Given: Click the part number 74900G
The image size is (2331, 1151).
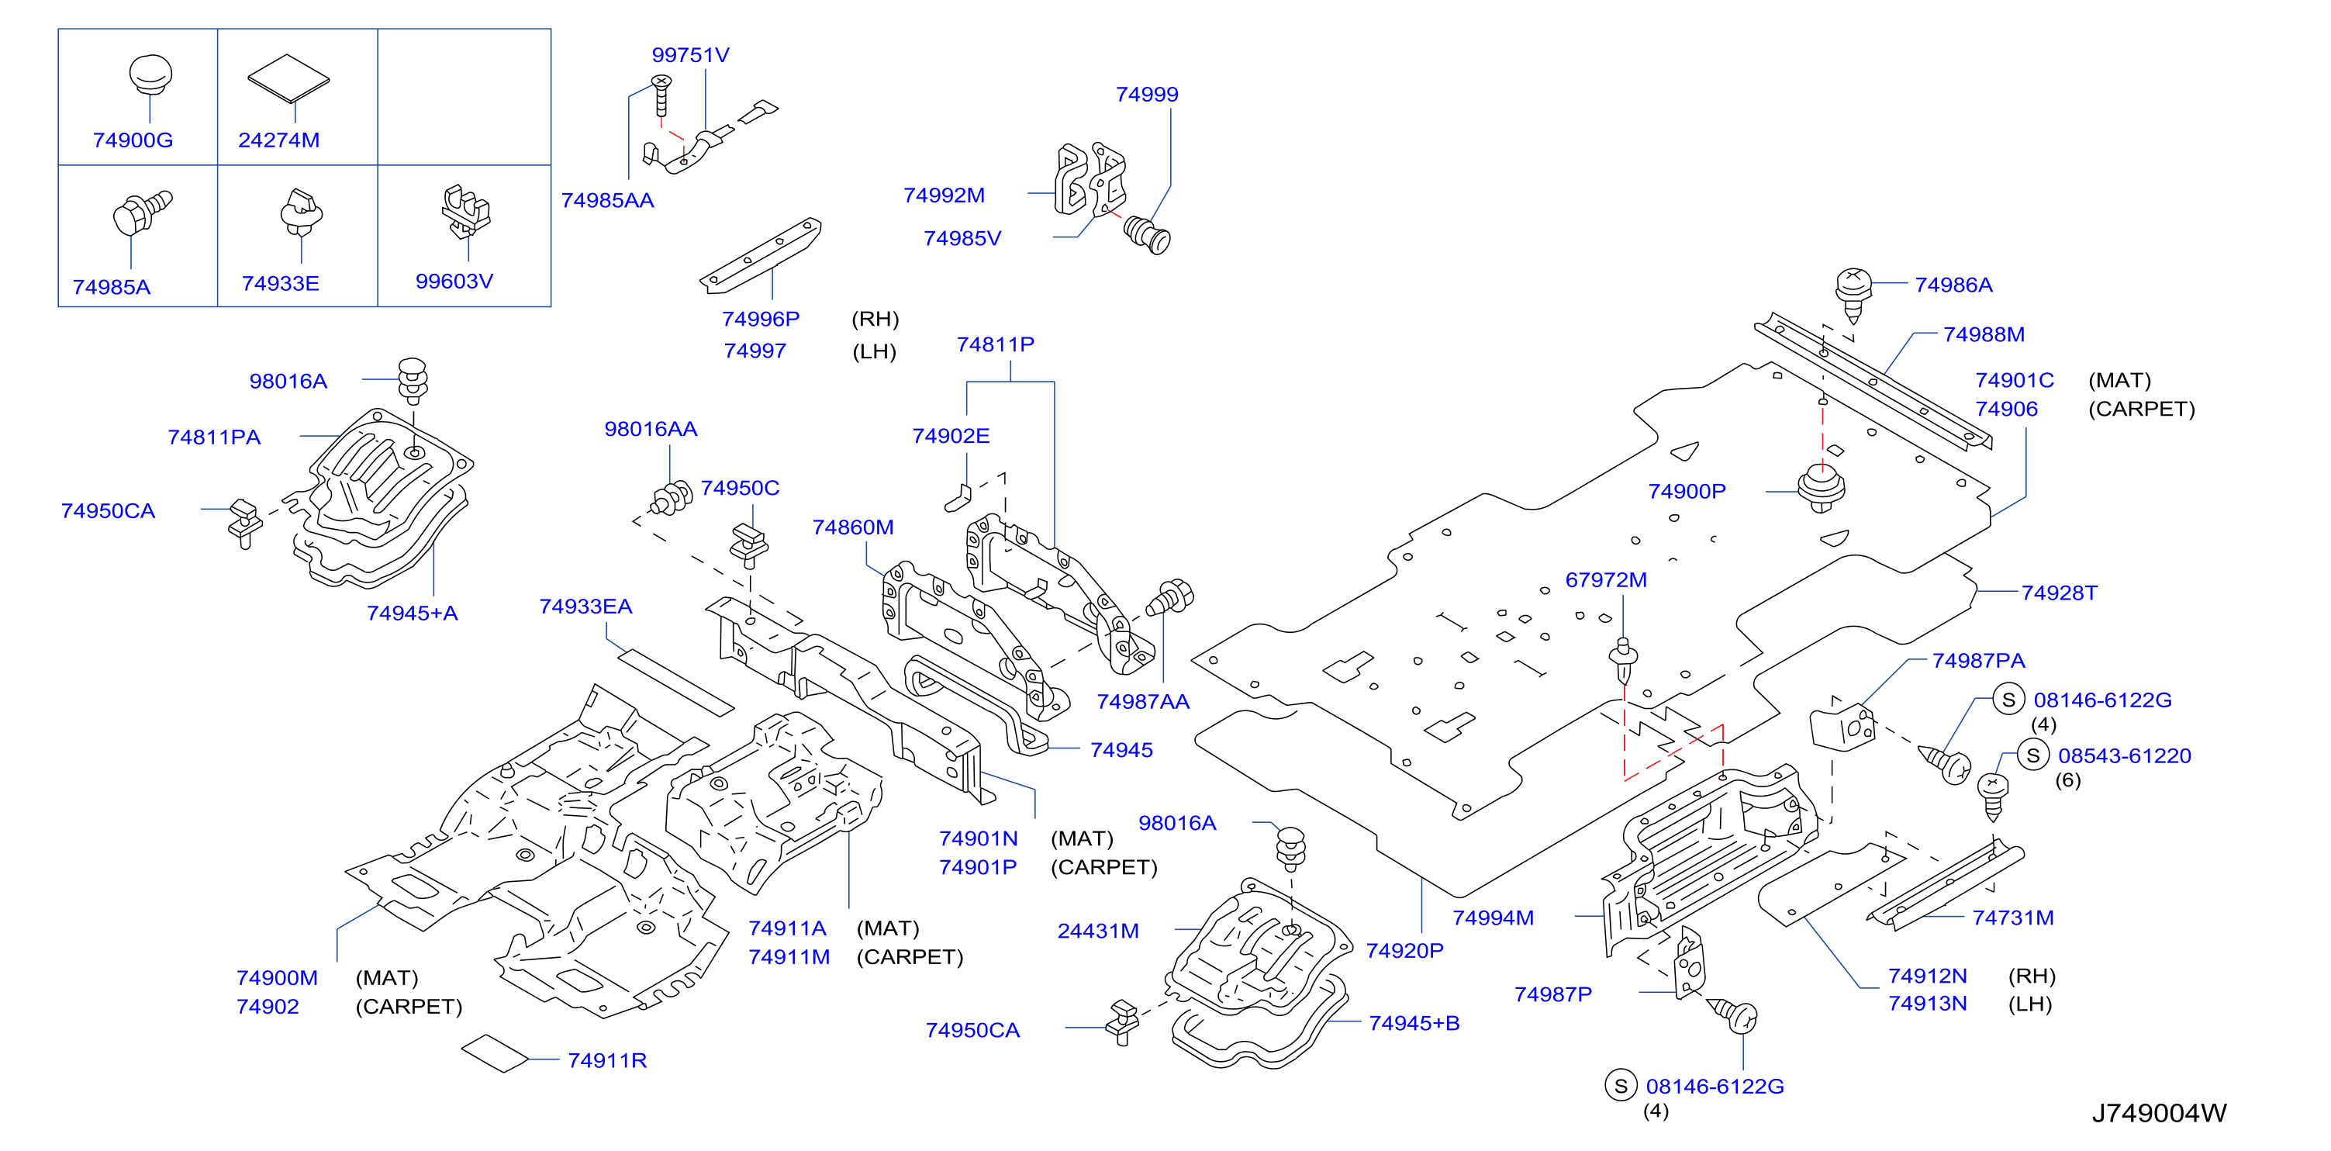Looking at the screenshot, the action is click(x=133, y=140).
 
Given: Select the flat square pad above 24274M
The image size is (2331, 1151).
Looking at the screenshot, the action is click(x=288, y=78).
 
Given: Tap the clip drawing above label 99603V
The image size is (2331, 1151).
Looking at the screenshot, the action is click(x=466, y=211).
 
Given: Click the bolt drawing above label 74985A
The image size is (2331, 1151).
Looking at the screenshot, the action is click(x=142, y=213).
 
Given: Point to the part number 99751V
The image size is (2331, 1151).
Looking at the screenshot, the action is click(x=690, y=55).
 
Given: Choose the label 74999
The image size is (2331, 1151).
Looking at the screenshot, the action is click(x=1146, y=94).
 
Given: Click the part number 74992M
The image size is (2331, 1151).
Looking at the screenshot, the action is click(x=944, y=195).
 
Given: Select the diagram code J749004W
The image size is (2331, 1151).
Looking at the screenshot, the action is click(x=2159, y=1113).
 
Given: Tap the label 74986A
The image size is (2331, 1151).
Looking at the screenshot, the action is click(x=1953, y=285).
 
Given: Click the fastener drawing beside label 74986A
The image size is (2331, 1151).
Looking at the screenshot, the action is click(x=1853, y=294).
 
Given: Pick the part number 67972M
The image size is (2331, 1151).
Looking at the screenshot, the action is click(x=1606, y=580).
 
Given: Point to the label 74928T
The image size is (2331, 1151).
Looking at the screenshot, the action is click(x=2060, y=593).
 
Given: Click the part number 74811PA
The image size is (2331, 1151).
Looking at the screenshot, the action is click(x=215, y=437).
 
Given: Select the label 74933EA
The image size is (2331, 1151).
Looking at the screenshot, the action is click(x=585, y=607).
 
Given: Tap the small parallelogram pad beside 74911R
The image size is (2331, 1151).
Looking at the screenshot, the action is click(x=494, y=1053).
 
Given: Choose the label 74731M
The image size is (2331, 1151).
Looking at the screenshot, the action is click(x=2013, y=918).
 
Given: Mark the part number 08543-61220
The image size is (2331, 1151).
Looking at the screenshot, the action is click(x=2125, y=755).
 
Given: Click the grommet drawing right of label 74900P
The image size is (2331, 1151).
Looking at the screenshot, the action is click(x=1821, y=489).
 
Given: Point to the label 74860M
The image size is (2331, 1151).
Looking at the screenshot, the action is click(x=853, y=527).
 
